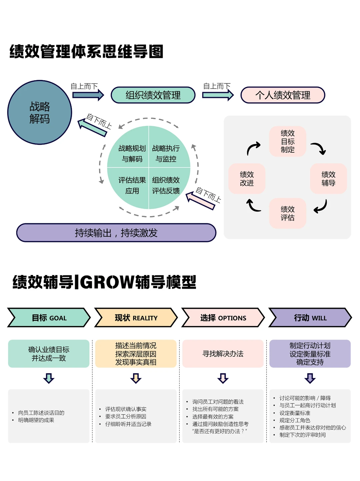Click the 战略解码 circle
click(40, 112)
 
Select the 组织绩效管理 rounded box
click(153, 95)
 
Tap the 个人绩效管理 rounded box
click(283, 95)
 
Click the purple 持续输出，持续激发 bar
click(116, 233)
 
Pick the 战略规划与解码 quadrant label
click(132, 153)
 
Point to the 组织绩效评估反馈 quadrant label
click(166, 185)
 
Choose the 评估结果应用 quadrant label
click(132, 185)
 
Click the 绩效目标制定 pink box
click(287, 141)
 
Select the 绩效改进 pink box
click(247, 179)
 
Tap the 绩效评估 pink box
click(287, 213)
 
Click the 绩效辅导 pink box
click(328, 179)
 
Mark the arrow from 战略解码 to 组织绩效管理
click(88, 95)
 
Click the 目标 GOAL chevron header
click(49, 318)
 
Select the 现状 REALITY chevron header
click(136, 318)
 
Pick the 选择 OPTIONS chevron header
click(223, 318)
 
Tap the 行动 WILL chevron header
click(310, 318)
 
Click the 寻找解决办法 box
click(223, 354)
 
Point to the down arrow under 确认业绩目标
click(49, 378)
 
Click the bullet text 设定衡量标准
click(295, 413)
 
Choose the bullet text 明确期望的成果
click(36, 420)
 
